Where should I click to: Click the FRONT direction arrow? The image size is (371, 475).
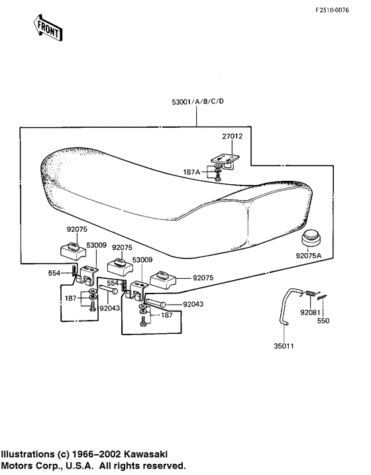click(48, 28)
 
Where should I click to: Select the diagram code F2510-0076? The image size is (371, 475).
click(332, 10)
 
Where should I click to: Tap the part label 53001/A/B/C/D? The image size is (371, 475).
click(198, 101)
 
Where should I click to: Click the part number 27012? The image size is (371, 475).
click(233, 136)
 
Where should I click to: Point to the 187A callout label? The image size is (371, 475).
click(191, 172)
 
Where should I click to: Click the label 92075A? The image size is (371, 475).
click(309, 256)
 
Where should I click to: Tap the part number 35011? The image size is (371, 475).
click(284, 346)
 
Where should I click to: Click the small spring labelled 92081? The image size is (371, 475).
click(310, 293)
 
